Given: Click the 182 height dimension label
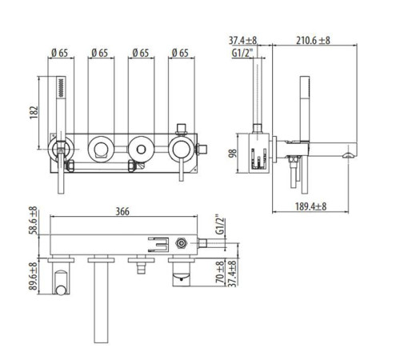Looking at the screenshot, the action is tap(34, 113).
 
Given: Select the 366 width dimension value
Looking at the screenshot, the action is tap(122, 211).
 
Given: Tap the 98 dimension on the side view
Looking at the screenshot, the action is tap(232, 154).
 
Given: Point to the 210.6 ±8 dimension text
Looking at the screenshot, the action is tap(313, 41).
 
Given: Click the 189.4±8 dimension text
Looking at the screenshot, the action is tap(310, 206).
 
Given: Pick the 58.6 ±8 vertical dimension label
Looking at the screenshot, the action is tap(33, 220).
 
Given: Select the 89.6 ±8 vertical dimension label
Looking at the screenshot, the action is tap(33, 276).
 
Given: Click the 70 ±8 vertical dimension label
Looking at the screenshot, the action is tap(220, 272).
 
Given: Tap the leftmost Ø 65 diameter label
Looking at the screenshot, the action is tap(60, 53).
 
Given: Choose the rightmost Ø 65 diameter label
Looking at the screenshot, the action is tap(180, 53).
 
